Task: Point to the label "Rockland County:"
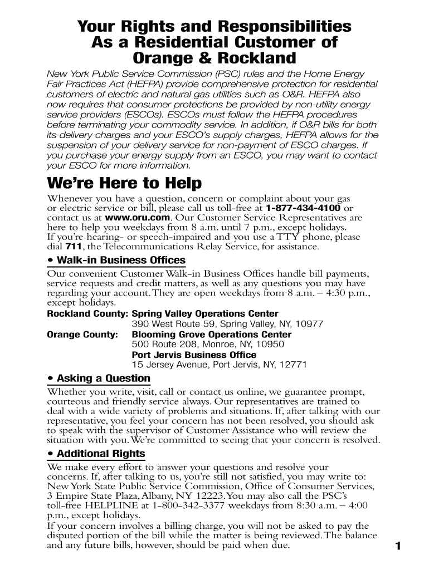(87, 314)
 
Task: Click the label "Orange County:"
(82, 335)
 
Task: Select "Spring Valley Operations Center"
(204, 314)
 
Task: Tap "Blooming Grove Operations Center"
(211, 335)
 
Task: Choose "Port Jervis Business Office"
(194, 355)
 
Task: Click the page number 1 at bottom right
(398, 546)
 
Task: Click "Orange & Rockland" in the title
(214, 58)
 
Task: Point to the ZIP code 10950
(270, 345)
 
